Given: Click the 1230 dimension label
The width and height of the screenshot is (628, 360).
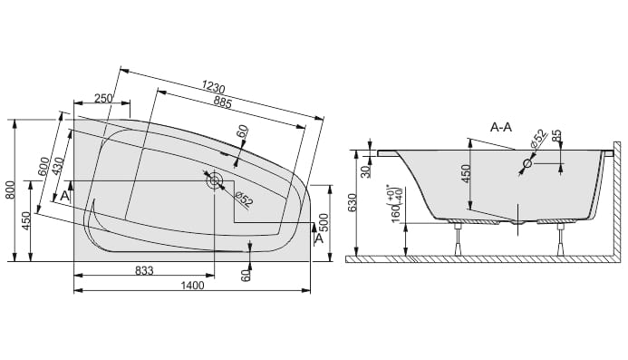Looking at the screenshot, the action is (x=213, y=86).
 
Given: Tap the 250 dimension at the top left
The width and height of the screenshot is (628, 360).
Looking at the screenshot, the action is (x=103, y=98).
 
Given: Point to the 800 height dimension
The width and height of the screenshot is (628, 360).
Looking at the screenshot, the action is (x=11, y=190).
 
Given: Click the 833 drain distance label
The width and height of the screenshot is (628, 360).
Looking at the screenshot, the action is (x=144, y=270).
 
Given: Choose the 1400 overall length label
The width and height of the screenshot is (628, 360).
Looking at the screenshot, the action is (x=193, y=286).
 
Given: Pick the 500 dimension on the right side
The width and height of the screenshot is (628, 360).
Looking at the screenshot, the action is (x=324, y=222).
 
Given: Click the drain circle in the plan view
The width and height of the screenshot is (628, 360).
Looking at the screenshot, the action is (x=214, y=180).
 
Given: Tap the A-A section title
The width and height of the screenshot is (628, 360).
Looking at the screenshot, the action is (x=501, y=128).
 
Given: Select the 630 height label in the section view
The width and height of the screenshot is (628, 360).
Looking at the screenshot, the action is (x=353, y=203).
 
